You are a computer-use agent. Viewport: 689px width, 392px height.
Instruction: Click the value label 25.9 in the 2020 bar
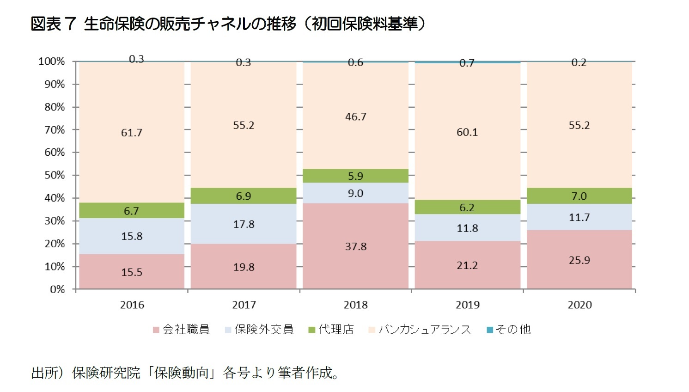[x=579, y=260]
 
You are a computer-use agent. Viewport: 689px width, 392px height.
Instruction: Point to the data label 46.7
[x=355, y=117]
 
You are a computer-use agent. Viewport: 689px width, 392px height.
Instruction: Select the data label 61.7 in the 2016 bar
[x=132, y=133]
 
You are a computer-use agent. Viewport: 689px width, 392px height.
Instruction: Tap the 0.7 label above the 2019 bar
[x=467, y=63]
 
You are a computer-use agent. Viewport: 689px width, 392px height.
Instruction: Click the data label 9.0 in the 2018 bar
[x=355, y=193]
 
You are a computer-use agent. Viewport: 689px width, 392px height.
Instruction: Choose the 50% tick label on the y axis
[x=55, y=175]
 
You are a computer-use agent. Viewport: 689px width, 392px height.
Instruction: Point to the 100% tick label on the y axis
[x=52, y=61]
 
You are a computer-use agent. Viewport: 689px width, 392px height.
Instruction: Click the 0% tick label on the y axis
[x=57, y=289]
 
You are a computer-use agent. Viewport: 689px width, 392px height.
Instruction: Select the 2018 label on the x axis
[x=355, y=305]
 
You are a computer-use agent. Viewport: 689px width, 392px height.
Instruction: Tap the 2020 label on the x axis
[x=579, y=305]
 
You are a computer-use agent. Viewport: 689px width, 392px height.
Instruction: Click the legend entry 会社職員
[x=186, y=330]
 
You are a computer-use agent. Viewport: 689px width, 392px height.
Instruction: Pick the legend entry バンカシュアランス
[x=424, y=330]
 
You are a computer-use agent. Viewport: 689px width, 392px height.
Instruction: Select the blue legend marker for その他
[x=490, y=330]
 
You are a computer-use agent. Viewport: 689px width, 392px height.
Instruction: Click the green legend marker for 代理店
[x=311, y=330]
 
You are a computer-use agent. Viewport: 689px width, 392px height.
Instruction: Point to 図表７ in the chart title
[x=53, y=24]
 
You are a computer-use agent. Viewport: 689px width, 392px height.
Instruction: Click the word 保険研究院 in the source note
[x=106, y=373]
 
